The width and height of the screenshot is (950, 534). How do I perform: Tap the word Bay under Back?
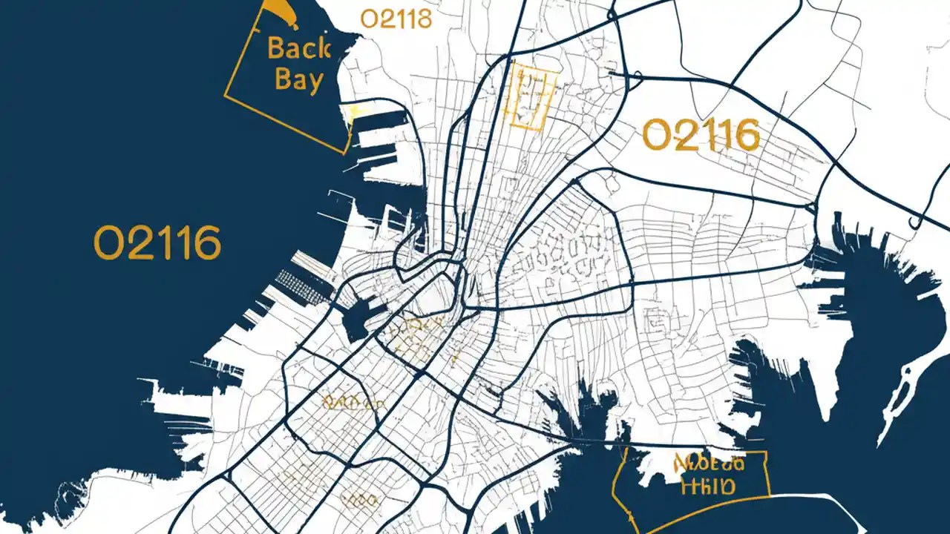tap(298, 79)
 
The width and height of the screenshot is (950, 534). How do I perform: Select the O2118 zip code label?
tap(396, 19)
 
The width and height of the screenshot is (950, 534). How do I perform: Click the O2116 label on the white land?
tap(701, 136)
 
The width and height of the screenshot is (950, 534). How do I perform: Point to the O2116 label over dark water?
tap(157, 243)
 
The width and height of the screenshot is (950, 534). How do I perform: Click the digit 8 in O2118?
tap(423, 19)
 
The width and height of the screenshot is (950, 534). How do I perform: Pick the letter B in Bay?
tap(283, 79)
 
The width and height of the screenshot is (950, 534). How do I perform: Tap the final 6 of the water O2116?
tap(209, 243)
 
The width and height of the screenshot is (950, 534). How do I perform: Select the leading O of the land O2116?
tap(656, 136)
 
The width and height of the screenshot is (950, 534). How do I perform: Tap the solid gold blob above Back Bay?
tap(276, 10)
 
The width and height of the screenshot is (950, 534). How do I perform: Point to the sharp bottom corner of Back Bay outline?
tap(344, 153)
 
